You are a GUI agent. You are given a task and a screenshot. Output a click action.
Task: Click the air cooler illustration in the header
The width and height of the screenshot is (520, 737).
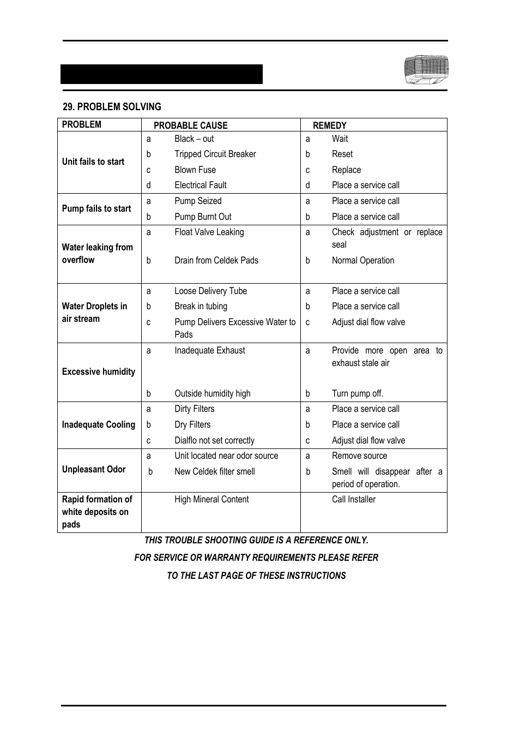pos(426,70)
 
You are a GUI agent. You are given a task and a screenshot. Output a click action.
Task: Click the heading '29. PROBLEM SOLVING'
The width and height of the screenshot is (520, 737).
pos(112,107)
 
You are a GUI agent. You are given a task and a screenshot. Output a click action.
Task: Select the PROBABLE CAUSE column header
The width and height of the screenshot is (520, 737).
pos(190,125)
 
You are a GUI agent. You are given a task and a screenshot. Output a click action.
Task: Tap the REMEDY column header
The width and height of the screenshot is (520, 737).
pos(329,125)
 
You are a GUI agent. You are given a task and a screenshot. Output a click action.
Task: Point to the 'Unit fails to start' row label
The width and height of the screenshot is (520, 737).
pos(93,161)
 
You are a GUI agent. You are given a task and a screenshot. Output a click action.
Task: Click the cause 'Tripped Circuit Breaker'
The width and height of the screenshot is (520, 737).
pos(215,154)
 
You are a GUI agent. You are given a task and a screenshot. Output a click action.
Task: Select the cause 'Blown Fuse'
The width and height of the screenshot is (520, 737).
pos(195,170)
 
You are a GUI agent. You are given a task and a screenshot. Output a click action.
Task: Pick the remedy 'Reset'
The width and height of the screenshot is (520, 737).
pos(342,154)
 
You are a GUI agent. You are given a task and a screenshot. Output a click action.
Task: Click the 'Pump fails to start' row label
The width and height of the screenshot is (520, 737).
pos(96,208)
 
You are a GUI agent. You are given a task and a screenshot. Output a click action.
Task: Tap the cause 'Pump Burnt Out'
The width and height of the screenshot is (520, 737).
pos(203,217)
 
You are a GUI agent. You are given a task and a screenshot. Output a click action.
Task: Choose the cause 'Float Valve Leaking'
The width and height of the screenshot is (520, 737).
pos(209,232)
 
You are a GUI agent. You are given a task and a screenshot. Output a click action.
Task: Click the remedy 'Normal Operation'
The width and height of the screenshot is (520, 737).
pos(362,260)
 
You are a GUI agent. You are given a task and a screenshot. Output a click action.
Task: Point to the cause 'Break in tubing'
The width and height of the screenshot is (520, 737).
pos(201,306)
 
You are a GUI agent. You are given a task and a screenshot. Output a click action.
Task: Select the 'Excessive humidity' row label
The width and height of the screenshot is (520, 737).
pos(99,372)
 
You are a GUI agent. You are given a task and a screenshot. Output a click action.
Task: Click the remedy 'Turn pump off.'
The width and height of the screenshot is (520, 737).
pos(357,393)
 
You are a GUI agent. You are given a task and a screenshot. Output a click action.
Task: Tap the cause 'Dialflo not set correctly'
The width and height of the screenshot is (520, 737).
pos(214,440)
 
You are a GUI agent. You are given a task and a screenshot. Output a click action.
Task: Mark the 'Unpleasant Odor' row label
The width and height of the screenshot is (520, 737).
pos(94,469)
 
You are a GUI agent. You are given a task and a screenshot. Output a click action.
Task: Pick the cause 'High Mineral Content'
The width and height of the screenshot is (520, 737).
pos(211,499)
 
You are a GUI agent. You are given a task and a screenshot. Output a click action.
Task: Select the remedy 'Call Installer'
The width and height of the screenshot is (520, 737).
pos(353,499)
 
